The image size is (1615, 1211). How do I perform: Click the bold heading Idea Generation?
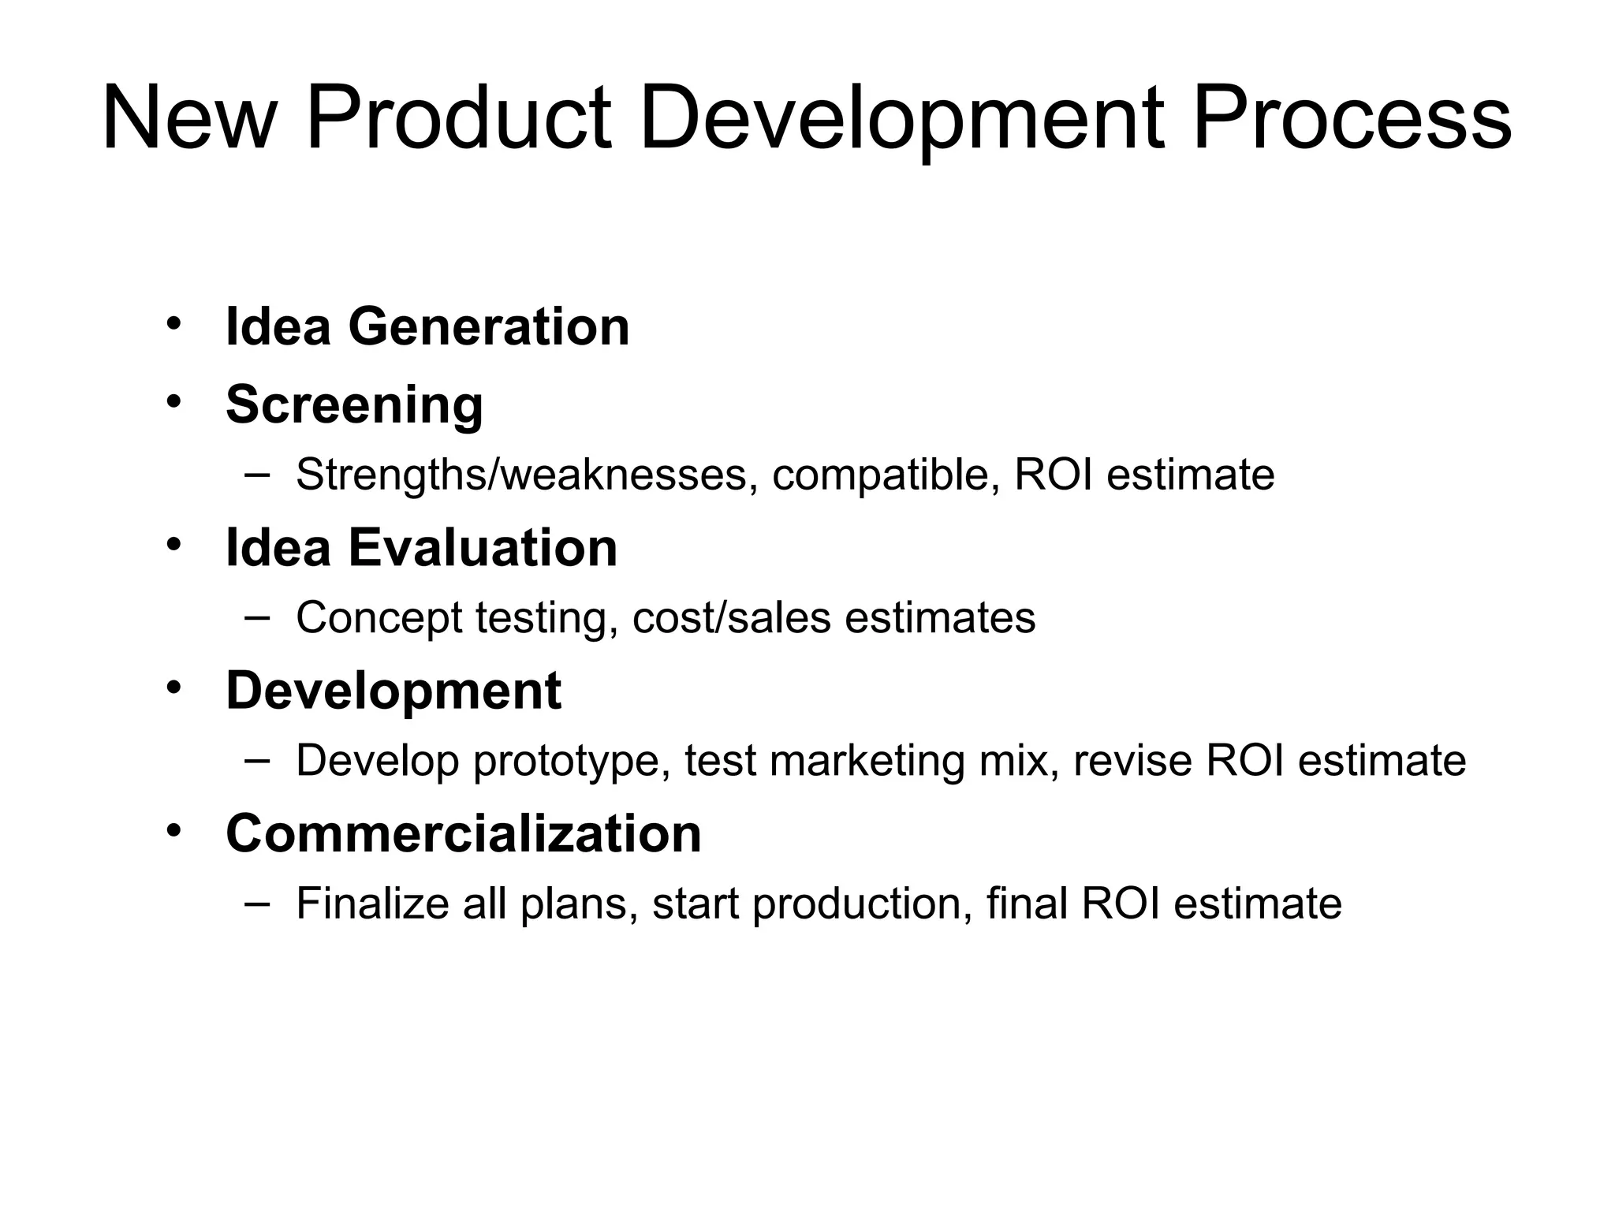[x=427, y=326]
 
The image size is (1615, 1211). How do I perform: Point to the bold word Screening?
[x=354, y=404]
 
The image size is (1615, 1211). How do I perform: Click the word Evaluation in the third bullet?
[x=483, y=547]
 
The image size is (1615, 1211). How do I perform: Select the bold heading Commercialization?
[x=464, y=833]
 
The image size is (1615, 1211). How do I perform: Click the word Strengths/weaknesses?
[x=521, y=475]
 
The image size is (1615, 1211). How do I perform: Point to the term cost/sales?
[x=731, y=617]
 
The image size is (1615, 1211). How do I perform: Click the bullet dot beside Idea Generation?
[x=174, y=323]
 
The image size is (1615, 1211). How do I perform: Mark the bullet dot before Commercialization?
[x=174, y=830]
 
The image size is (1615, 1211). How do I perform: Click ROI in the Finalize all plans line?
[x=1121, y=904]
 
